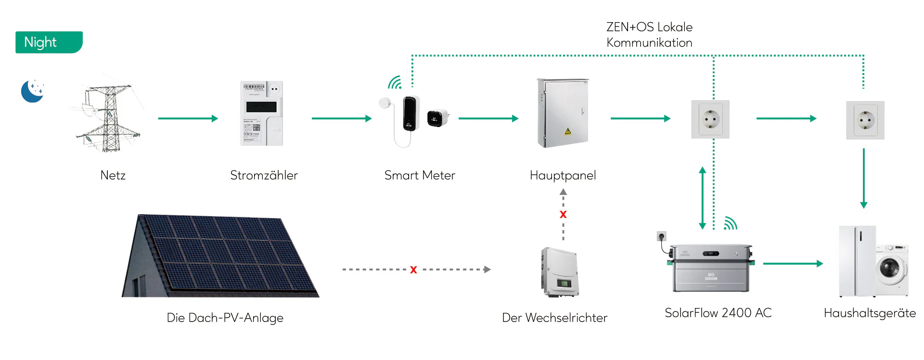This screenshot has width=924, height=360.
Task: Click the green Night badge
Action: tap(49, 42)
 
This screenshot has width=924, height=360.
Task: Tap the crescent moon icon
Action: tap(32, 91)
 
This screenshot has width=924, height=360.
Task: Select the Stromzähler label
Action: tap(264, 175)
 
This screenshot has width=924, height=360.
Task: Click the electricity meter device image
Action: tap(261, 114)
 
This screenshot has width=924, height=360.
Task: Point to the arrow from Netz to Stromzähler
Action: tap(188, 118)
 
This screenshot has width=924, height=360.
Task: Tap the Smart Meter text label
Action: tap(420, 175)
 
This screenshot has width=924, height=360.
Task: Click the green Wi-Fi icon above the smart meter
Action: tap(395, 83)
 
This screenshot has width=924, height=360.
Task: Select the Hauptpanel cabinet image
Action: tap(563, 113)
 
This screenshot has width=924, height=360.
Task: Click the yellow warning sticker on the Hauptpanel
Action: tap(568, 131)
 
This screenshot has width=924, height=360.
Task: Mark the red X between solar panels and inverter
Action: tap(413, 270)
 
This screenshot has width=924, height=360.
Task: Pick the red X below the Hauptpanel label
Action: tap(563, 215)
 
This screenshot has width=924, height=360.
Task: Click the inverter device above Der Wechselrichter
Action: tap(560, 272)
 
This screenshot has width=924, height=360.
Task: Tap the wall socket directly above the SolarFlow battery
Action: tap(710, 119)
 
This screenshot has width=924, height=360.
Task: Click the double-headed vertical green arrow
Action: tap(702, 198)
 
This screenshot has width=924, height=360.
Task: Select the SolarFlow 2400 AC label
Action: tap(718, 313)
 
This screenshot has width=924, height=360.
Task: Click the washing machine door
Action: tap(889, 268)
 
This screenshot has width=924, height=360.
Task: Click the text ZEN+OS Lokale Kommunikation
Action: tap(649, 35)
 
